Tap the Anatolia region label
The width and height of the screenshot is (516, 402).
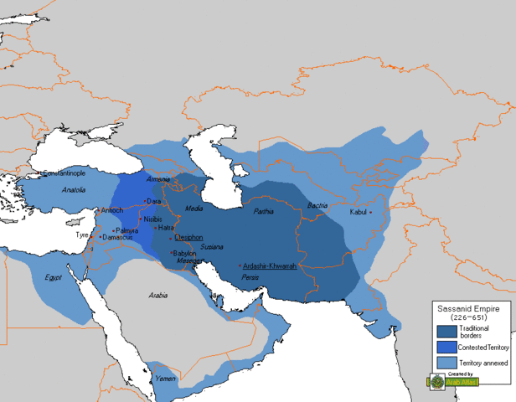[x=74, y=190]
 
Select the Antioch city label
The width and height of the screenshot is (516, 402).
[x=112, y=209]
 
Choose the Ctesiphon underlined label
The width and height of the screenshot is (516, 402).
[x=188, y=237]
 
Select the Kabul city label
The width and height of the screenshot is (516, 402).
[x=357, y=213]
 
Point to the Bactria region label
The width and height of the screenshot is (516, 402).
[x=317, y=205]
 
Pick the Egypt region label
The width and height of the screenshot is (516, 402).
[x=54, y=277]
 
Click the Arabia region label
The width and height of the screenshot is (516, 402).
[x=158, y=295]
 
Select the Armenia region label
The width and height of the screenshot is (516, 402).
[x=157, y=180]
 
